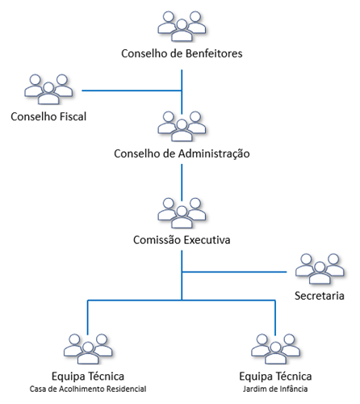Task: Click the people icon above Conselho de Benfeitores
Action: [182, 26]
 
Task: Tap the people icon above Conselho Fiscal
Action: [48, 89]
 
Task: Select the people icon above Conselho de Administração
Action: [182, 126]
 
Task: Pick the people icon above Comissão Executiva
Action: [182, 213]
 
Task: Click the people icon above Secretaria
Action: [320, 269]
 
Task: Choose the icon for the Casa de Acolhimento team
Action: [88, 349]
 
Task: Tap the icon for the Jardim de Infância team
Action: [275, 349]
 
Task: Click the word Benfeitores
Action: [214, 53]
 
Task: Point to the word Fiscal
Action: [73, 116]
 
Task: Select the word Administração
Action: [214, 154]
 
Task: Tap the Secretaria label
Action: [320, 296]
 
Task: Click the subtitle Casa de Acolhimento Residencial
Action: [88, 389]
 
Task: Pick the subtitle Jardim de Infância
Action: [275, 389]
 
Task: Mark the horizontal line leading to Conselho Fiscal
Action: [132, 90]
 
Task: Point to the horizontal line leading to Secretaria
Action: [234, 272]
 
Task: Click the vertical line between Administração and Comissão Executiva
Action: [182, 183]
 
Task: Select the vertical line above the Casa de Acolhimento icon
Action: [88, 318]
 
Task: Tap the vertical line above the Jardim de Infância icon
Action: [275, 318]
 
